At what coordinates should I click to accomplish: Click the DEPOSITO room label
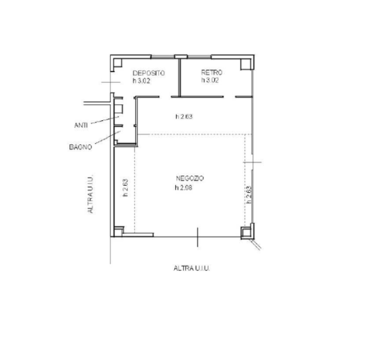[148, 73]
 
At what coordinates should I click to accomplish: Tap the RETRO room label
[211, 72]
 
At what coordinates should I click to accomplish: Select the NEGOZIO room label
[190, 178]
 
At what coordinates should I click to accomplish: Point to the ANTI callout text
[81, 125]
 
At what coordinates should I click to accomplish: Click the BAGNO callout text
[80, 147]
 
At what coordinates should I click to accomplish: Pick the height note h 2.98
[183, 188]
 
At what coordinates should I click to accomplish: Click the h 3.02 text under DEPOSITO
[141, 81]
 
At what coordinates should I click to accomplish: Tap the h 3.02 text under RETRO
[210, 80]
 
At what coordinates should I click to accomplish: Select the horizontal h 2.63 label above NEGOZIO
[184, 116]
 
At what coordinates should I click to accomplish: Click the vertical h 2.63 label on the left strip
[125, 188]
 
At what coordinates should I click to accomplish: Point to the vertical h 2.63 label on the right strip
[249, 195]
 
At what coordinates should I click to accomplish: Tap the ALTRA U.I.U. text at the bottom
[192, 268]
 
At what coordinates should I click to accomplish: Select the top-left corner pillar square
[118, 62]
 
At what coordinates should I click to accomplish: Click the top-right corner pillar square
[246, 64]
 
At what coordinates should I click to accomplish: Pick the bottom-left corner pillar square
[118, 231]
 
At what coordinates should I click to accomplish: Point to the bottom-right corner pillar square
[246, 232]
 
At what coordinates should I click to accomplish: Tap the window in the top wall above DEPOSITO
[163, 57]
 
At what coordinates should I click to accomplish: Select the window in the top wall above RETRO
[199, 57]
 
